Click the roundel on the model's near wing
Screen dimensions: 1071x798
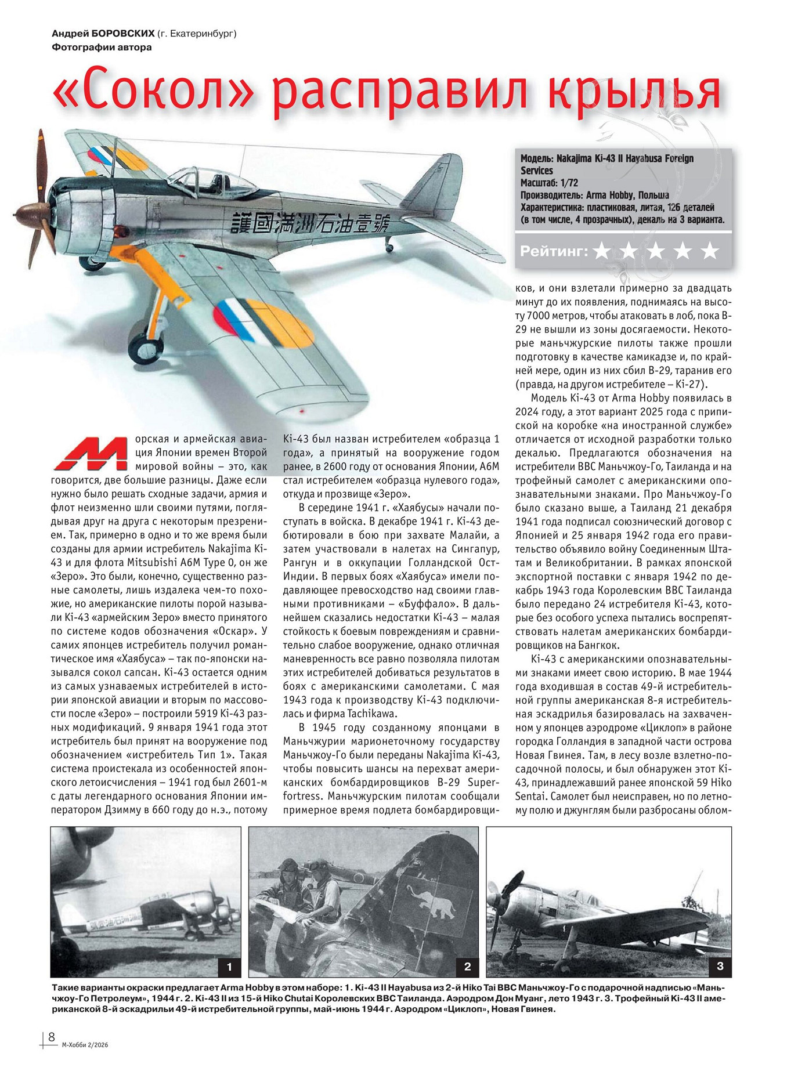(264, 323)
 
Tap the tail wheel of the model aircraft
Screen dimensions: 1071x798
(389, 247)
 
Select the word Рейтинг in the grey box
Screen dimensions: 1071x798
(553, 251)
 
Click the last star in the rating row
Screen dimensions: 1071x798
(709, 251)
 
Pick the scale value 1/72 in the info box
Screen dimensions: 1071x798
(569, 183)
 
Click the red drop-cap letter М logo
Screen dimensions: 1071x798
(91, 453)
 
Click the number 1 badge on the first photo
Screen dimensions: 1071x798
(229, 967)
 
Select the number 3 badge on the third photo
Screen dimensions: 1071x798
(720, 966)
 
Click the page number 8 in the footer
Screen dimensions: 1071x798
(52, 1036)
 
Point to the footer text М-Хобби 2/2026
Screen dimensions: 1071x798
(85, 1045)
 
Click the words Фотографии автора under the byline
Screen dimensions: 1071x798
(102, 48)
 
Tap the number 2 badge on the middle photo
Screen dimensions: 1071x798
(467, 967)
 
